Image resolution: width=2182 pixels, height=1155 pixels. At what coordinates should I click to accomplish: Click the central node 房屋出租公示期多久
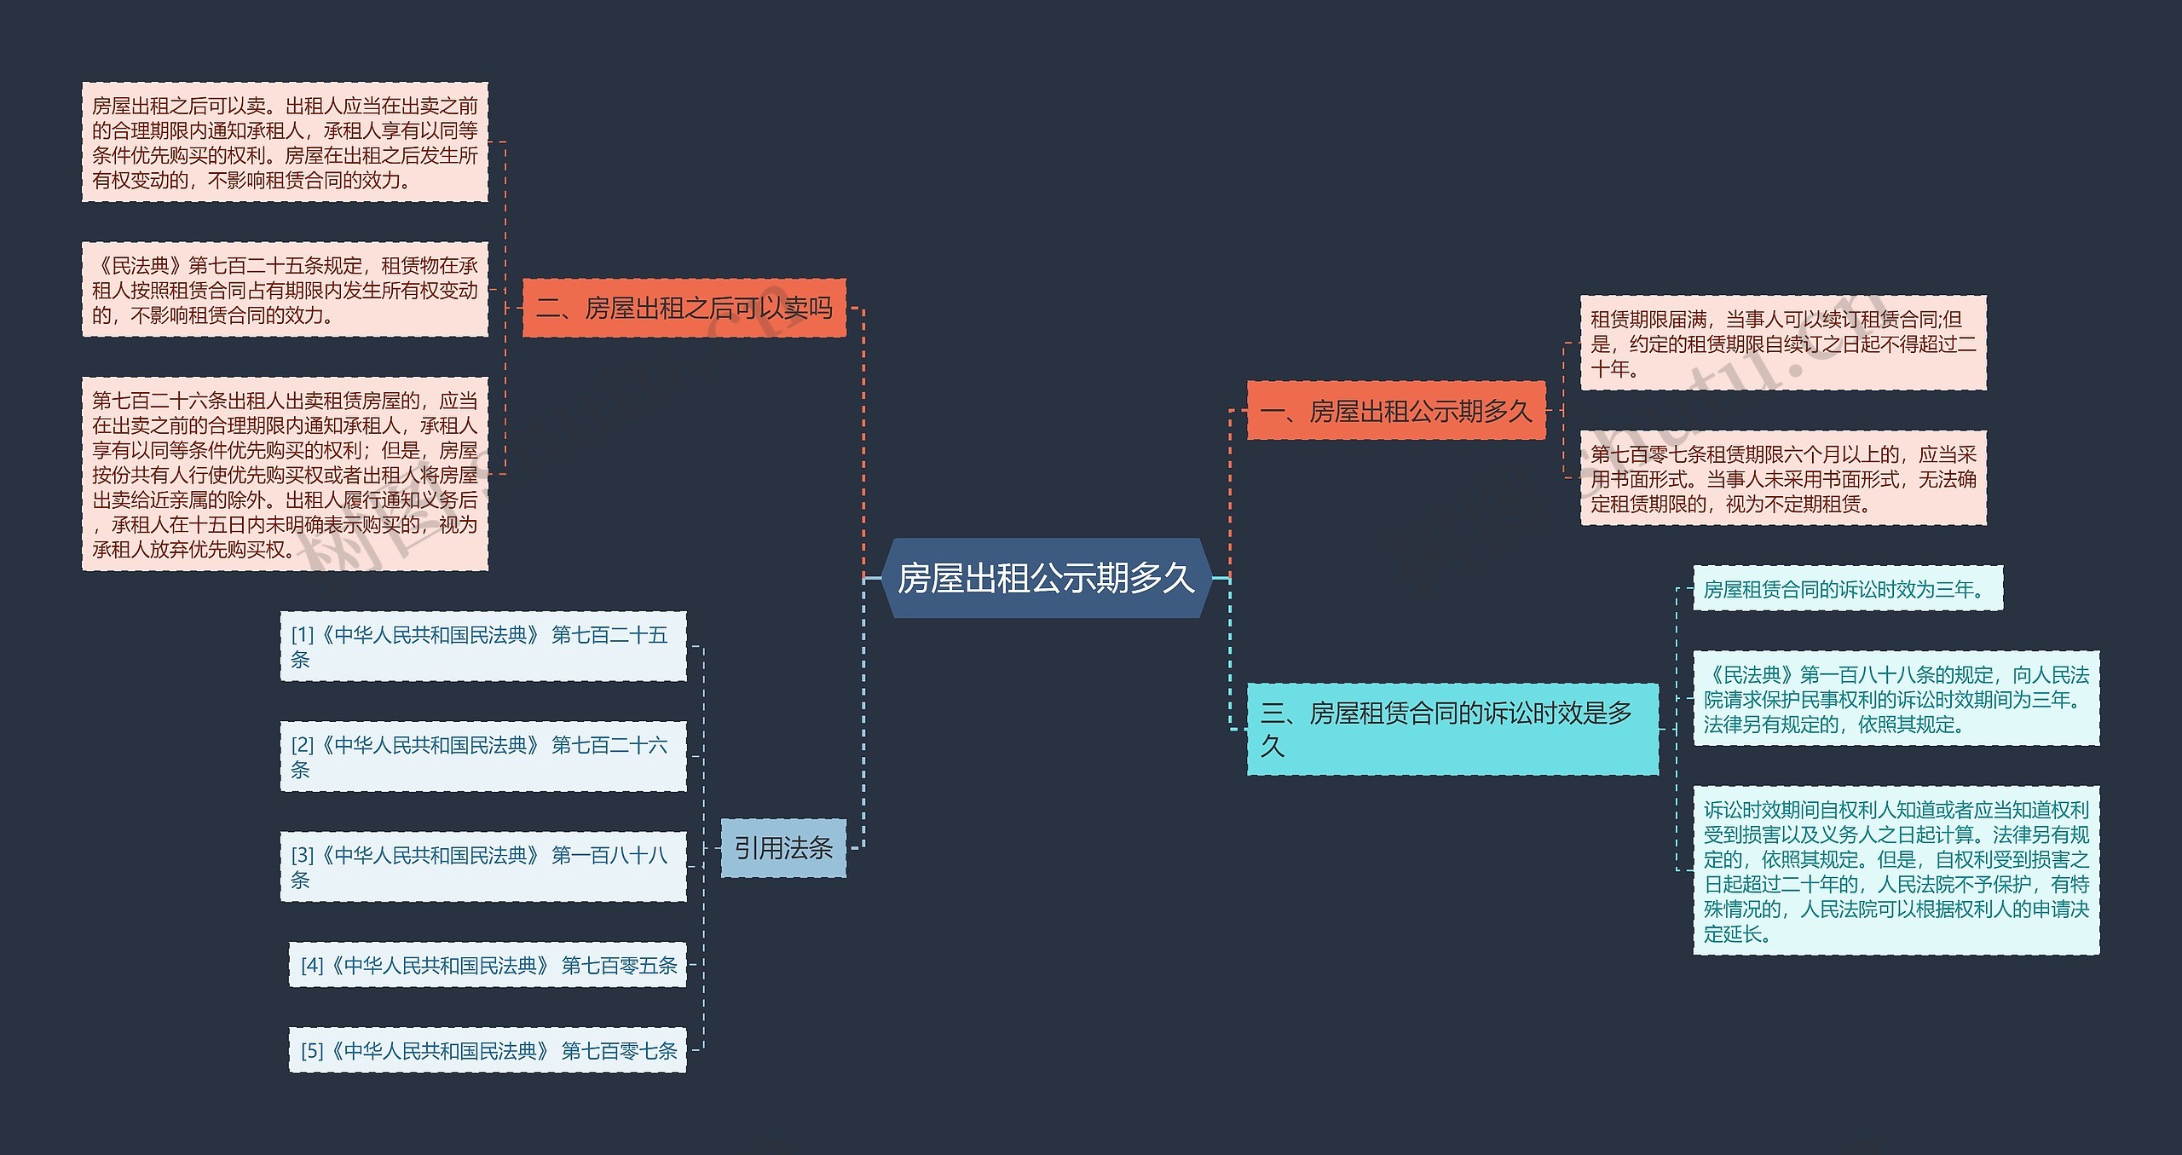[1046, 578]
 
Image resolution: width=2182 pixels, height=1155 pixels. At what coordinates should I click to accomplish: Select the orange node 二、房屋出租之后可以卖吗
[684, 308]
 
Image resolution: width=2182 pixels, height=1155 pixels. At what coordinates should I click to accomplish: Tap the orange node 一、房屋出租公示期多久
[1395, 411]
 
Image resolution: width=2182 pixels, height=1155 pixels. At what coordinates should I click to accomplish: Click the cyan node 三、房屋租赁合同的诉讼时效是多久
[1452, 729]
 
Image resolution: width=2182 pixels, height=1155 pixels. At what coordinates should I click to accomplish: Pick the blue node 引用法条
[782, 847]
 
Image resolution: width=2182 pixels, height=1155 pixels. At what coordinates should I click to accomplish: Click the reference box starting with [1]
[482, 646]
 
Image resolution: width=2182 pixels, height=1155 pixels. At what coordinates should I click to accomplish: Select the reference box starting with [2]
[482, 756]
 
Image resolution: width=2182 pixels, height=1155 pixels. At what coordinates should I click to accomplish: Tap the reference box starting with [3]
[482, 866]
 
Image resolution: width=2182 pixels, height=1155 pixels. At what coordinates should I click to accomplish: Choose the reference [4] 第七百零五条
[488, 965]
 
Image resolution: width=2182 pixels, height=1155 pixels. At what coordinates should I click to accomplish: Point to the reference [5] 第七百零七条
[488, 1050]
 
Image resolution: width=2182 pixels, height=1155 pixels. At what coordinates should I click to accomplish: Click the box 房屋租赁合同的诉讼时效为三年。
[1847, 588]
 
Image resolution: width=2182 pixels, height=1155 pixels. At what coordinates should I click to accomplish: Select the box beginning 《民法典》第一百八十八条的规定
[1896, 699]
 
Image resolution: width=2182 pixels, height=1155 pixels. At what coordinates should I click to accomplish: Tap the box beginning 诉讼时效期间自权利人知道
[1896, 870]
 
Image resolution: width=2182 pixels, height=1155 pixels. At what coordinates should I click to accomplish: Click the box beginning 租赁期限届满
[1783, 344]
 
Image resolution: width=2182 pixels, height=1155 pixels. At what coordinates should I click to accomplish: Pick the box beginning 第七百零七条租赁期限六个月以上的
[1783, 478]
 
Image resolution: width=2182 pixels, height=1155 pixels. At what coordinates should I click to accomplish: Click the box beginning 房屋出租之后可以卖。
[285, 142]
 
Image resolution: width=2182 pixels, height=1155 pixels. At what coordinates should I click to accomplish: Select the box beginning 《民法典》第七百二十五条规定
[285, 290]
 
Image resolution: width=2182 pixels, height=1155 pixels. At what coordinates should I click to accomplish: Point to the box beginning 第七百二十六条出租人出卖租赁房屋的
[285, 474]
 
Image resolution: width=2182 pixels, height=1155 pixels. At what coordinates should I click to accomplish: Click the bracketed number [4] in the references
[312, 965]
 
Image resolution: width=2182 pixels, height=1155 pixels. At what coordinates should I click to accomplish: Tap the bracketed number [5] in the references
[312, 1050]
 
